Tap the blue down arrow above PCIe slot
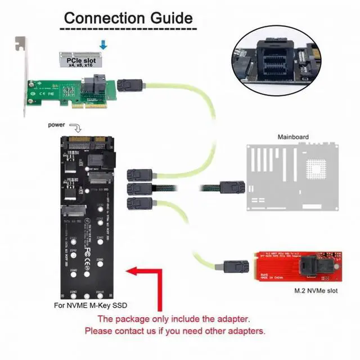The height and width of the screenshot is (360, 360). point(102,44)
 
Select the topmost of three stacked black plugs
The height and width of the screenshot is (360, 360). point(138,174)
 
